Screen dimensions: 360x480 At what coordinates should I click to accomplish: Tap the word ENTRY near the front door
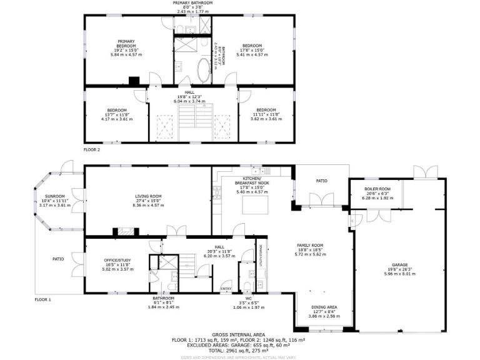point(226,288)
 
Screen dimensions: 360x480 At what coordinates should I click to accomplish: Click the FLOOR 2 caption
point(92,149)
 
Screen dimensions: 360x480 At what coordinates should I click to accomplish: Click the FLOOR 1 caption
point(42,299)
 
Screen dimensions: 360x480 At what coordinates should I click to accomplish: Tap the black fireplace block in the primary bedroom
point(133,81)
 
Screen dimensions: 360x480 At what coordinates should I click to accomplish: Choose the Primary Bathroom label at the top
point(193,2)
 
